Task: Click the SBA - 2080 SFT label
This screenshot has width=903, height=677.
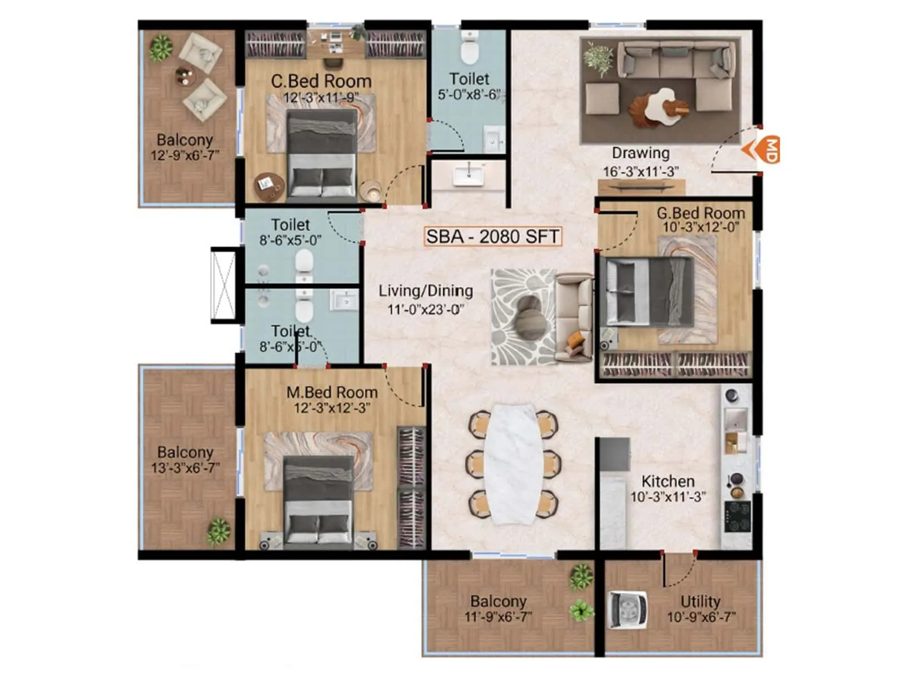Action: [492, 236]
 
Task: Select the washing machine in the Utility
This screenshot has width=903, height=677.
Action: [626, 610]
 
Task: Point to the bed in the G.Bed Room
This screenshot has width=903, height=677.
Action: [646, 292]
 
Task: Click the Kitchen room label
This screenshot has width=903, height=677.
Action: [668, 481]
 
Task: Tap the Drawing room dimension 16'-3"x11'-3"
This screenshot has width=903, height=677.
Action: [641, 172]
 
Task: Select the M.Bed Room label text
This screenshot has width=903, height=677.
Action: [332, 392]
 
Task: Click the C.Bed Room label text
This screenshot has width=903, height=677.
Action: [321, 81]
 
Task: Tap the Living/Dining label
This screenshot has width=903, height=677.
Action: [426, 291]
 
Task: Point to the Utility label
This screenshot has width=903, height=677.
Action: [700, 601]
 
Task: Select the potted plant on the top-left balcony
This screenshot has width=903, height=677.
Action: [161, 48]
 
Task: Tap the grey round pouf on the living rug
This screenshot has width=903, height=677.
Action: [531, 317]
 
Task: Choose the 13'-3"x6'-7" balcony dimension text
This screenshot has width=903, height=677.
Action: [185, 468]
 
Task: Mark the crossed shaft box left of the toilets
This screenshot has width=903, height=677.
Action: [223, 285]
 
